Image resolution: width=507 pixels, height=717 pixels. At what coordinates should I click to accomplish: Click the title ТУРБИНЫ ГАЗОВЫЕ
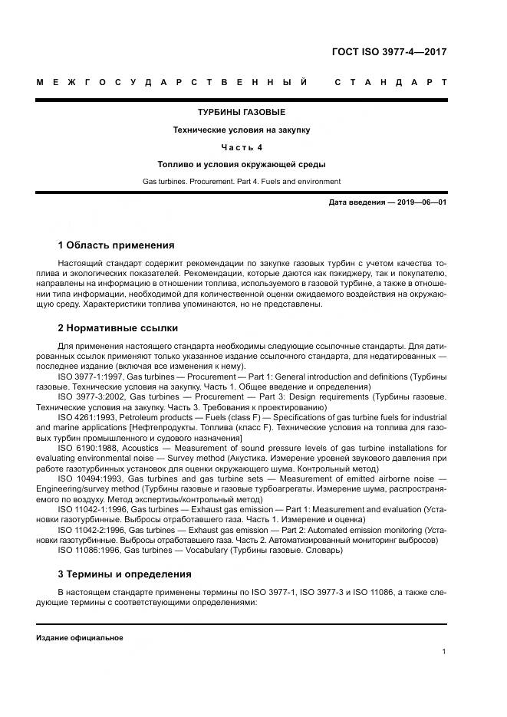pyautogui.click(x=242, y=113)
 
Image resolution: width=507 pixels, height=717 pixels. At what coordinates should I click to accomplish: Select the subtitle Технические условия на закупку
pyautogui.click(x=242, y=130)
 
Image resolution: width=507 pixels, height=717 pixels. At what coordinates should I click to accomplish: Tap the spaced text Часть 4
pyautogui.click(x=242, y=147)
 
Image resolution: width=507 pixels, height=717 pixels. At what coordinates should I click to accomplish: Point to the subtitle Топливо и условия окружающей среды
pyautogui.click(x=242, y=164)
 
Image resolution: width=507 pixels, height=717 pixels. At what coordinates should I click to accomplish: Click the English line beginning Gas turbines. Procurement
pyautogui.click(x=242, y=182)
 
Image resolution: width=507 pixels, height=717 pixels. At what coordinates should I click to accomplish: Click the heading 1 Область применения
pyautogui.click(x=116, y=245)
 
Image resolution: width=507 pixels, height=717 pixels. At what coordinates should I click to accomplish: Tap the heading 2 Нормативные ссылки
pyautogui.click(x=117, y=328)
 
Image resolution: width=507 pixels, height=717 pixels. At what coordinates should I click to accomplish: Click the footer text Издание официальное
pyautogui.click(x=79, y=638)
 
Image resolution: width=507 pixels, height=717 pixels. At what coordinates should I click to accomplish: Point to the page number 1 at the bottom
pyautogui.click(x=444, y=652)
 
